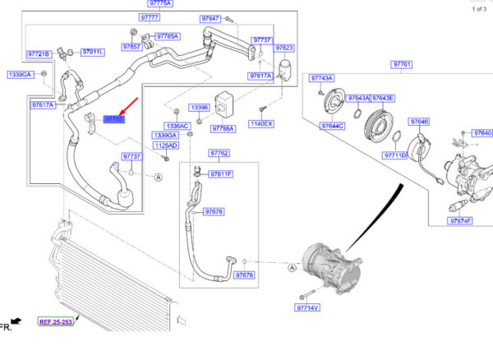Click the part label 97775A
tap(161, 4)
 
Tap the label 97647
tap(210, 18)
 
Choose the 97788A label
tap(223, 128)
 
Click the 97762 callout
tap(219, 153)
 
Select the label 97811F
tap(221, 174)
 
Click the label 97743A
tap(321, 78)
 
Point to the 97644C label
tap(332, 126)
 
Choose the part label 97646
tap(419, 122)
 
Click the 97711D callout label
tap(395, 155)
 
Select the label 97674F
tap(461, 220)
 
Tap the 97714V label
tap(307, 307)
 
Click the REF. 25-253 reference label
tap(56, 321)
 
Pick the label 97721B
tap(39, 54)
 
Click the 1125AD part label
tap(165, 145)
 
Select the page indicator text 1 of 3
tap(480, 9)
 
